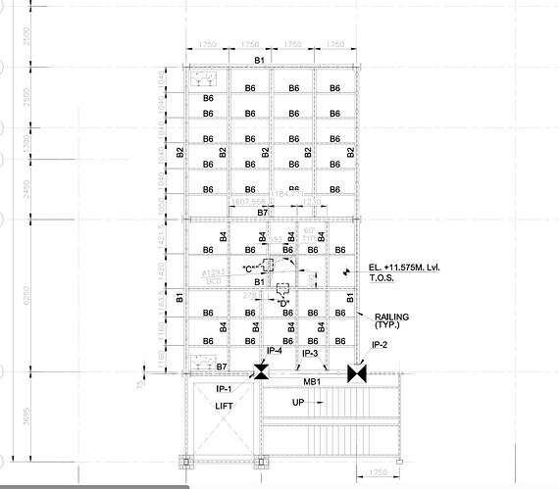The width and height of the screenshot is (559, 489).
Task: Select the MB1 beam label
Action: click(313, 382)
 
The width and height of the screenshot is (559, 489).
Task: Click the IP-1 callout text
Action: click(224, 389)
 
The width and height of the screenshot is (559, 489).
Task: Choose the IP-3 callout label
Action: click(310, 353)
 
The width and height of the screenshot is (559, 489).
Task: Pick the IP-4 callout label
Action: click(273, 351)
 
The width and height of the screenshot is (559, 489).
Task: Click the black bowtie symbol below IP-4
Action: click(262, 371)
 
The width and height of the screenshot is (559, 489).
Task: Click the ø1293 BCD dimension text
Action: click(215, 275)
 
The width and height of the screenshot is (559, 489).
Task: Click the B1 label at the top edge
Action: click(260, 61)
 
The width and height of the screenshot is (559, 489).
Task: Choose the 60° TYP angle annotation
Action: click(310, 234)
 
